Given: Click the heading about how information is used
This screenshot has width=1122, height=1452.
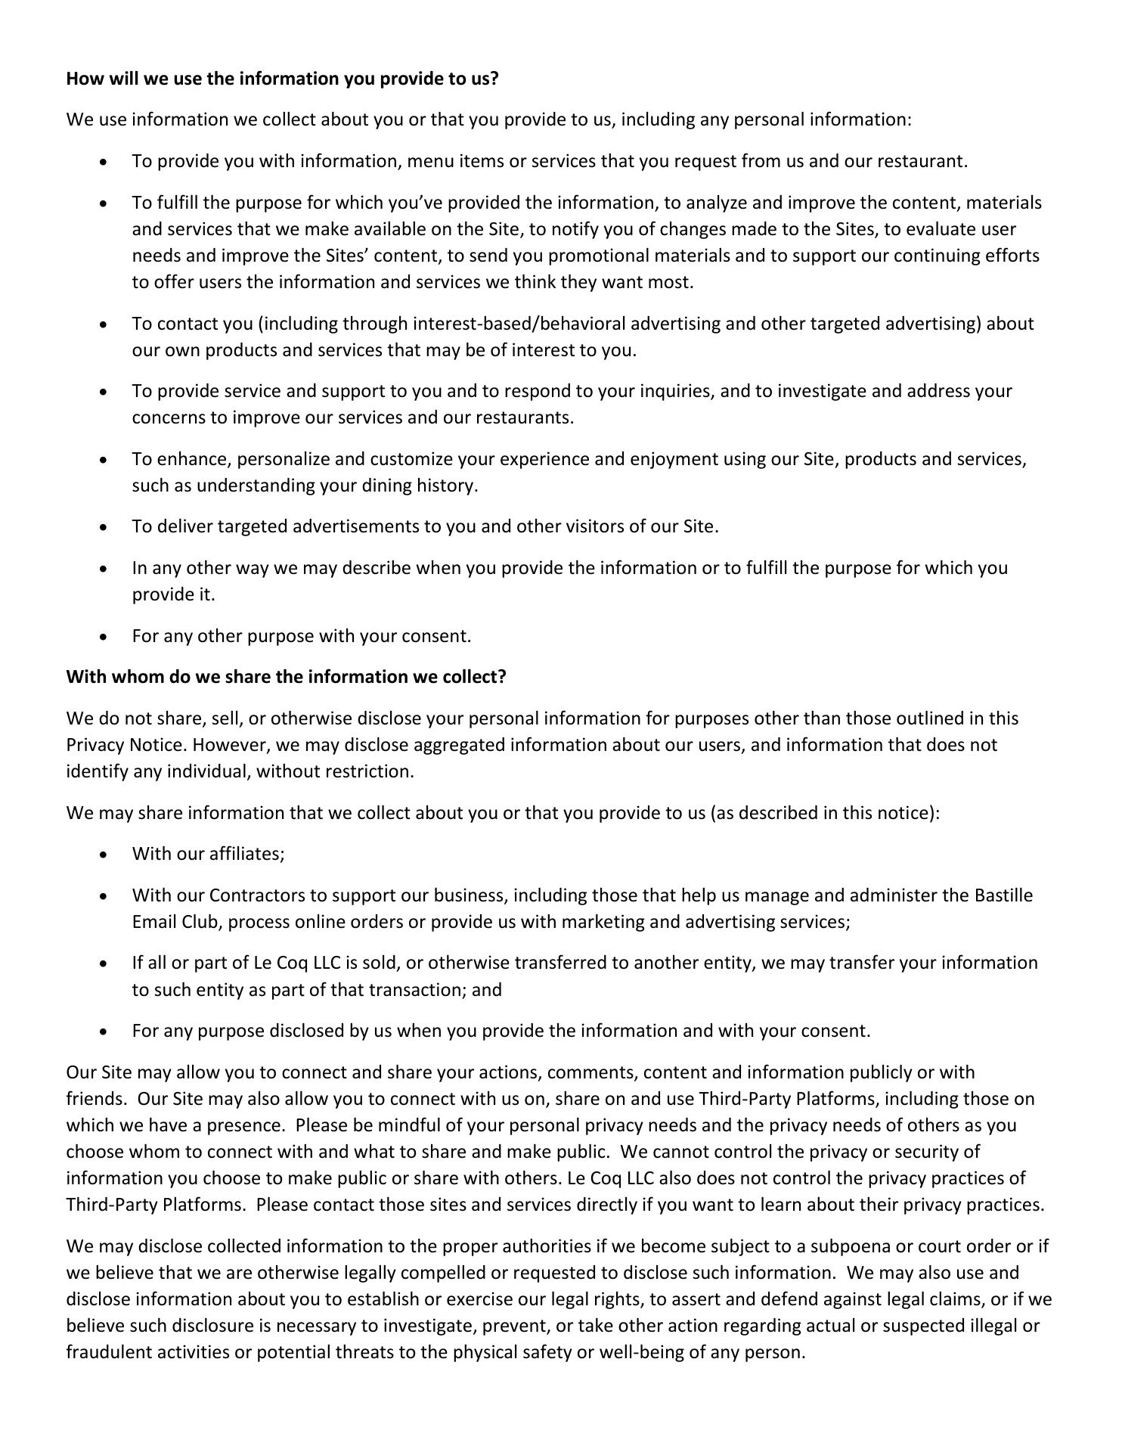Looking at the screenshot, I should [x=282, y=79].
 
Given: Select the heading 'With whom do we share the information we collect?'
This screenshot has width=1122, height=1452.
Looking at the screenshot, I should [x=286, y=676].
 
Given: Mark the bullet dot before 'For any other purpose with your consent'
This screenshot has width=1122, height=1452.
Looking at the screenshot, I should [x=104, y=637].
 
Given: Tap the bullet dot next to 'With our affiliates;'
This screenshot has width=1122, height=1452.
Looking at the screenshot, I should [x=104, y=855].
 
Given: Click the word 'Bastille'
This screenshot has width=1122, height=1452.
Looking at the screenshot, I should [x=1003, y=895].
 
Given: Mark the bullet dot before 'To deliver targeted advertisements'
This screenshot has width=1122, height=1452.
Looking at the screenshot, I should [x=104, y=527].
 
